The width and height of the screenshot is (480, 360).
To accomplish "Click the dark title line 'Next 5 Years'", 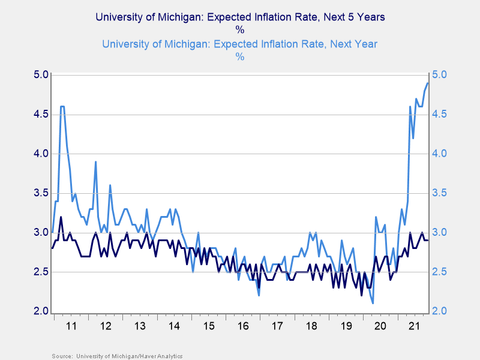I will click(x=240, y=17).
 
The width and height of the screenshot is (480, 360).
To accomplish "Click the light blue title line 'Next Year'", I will click(x=240, y=44).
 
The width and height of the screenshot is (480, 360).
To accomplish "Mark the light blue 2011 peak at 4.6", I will click(x=62, y=106).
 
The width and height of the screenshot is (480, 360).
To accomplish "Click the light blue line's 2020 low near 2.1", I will click(x=373, y=303).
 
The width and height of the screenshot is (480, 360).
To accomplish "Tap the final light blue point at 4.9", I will click(x=428, y=83).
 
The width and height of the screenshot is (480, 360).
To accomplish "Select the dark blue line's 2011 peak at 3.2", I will click(x=61, y=217).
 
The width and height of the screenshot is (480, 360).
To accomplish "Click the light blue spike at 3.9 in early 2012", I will click(x=95, y=162).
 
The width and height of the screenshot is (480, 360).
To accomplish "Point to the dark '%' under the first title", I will click(x=240, y=30).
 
